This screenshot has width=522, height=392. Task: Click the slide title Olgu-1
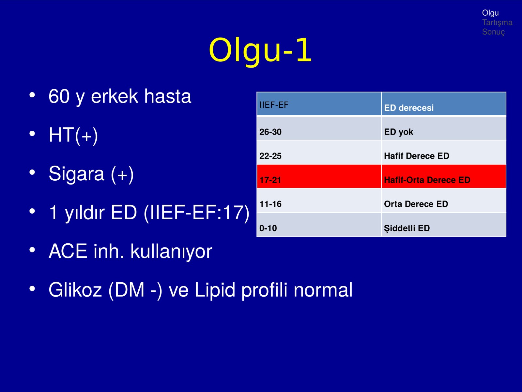point(260,50)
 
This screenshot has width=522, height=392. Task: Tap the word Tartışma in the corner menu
point(497,22)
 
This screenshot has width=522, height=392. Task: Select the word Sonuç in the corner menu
point(494,32)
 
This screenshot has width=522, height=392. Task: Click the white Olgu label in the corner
point(490,13)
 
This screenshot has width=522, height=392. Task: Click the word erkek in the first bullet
point(115,96)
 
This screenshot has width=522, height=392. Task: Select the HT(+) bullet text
point(73,136)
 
